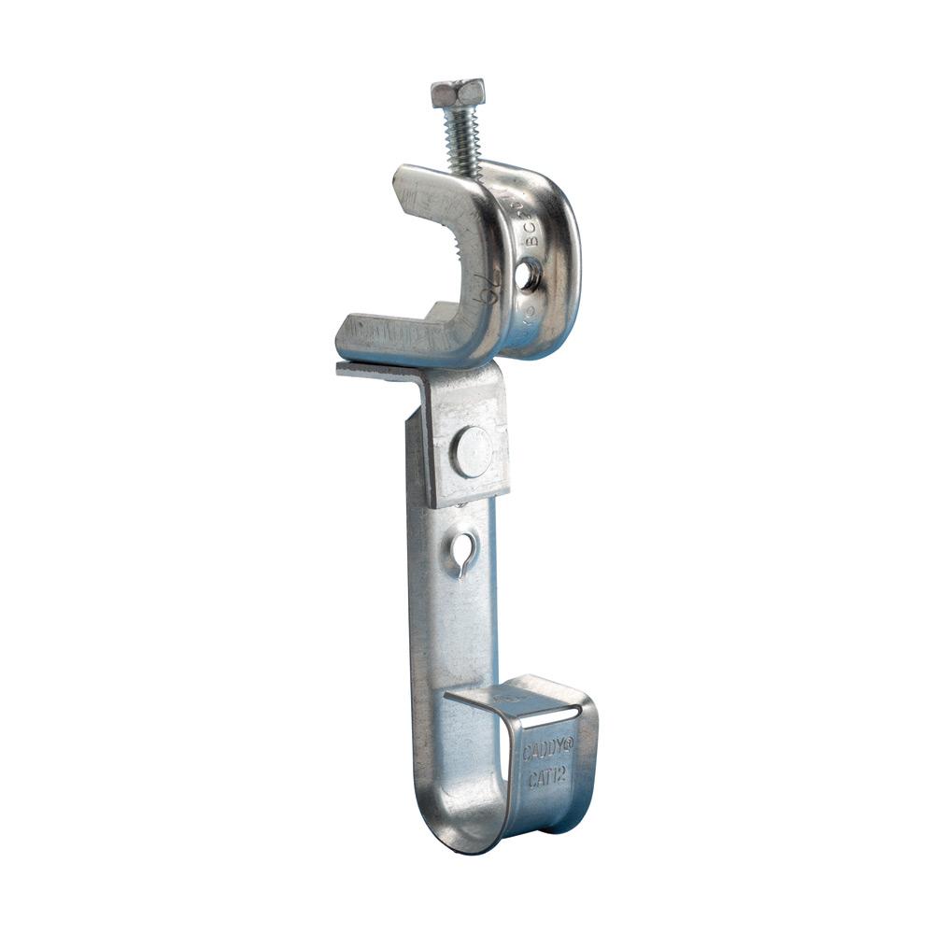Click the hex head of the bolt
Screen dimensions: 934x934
click(x=458, y=92)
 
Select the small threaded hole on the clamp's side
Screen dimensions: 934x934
click(x=529, y=274)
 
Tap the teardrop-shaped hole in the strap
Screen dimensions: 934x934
click(x=464, y=553)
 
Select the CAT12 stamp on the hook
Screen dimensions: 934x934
click(x=546, y=777)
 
